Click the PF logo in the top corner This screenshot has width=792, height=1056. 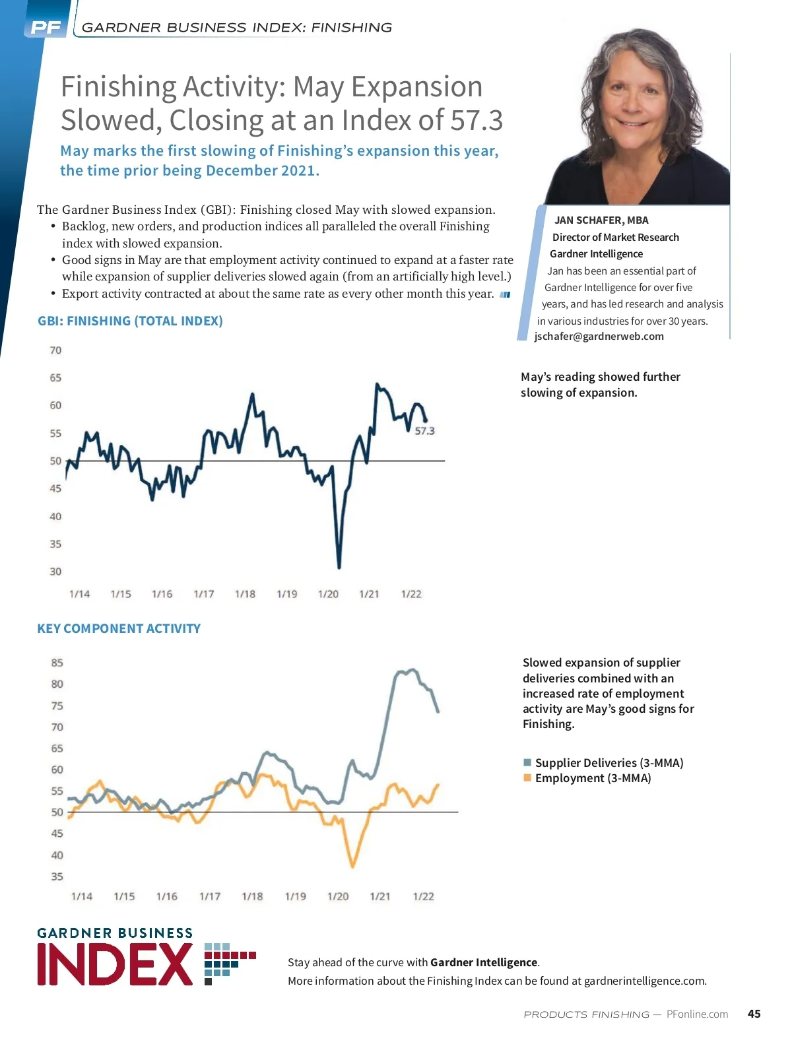pyautogui.click(x=46, y=28)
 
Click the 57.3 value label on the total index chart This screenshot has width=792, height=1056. pyautogui.click(x=424, y=431)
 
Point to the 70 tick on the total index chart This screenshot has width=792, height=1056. pyautogui.click(x=55, y=350)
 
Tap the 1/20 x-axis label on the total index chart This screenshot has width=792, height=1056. pyautogui.click(x=328, y=594)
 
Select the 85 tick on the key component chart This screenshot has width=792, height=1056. pyautogui.click(x=57, y=663)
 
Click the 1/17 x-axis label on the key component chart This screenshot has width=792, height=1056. pyautogui.click(x=210, y=896)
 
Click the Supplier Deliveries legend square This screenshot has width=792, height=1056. pyautogui.click(x=527, y=763)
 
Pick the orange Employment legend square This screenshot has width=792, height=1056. pyautogui.click(x=527, y=778)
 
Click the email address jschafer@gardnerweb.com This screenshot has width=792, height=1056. pyautogui.click(x=599, y=336)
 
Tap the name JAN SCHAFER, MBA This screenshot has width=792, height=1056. pyautogui.click(x=601, y=220)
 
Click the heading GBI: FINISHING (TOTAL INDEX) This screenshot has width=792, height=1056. pyautogui.click(x=130, y=321)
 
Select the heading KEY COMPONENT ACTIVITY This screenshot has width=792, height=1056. pyautogui.click(x=119, y=628)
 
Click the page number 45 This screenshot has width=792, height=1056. pyautogui.click(x=754, y=1014)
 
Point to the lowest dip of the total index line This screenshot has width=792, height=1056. pyautogui.click(x=339, y=566)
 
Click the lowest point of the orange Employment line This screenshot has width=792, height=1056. pyautogui.click(x=353, y=866)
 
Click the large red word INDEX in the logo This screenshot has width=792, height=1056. pyautogui.click(x=115, y=965)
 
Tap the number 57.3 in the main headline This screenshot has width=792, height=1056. pyautogui.click(x=477, y=120)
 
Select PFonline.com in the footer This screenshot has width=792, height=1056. pyautogui.click(x=697, y=1014)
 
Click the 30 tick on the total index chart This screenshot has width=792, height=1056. pyautogui.click(x=55, y=572)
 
